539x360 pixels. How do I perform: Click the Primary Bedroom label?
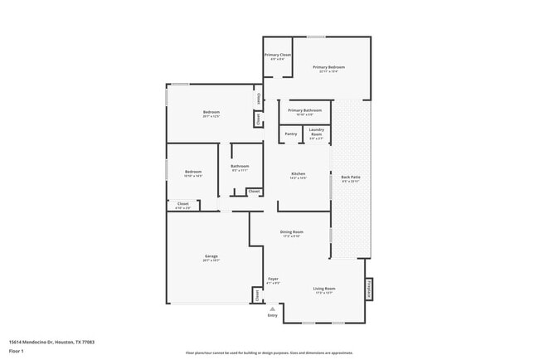click(x=328, y=67)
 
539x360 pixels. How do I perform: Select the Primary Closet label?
click(x=277, y=56)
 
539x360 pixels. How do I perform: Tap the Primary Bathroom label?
click(x=305, y=110)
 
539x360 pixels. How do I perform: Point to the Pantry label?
click(x=291, y=134)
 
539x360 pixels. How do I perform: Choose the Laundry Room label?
click(x=316, y=131)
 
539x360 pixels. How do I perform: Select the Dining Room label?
click(x=292, y=232)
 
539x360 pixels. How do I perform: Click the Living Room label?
click(x=323, y=289)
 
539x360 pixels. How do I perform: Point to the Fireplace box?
click(x=367, y=289)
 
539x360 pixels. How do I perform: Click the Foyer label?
click(x=273, y=280)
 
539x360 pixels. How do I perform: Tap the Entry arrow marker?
click(x=272, y=309)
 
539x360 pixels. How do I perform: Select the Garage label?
click(x=211, y=256)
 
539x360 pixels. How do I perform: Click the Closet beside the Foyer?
click(x=257, y=294)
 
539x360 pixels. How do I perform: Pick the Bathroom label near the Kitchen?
click(x=240, y=167)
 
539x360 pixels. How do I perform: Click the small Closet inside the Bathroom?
click(x=254, y=192)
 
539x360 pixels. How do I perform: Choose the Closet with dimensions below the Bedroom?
click(x=183, y=204)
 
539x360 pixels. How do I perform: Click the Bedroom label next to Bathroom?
click(x=192, y=173)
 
